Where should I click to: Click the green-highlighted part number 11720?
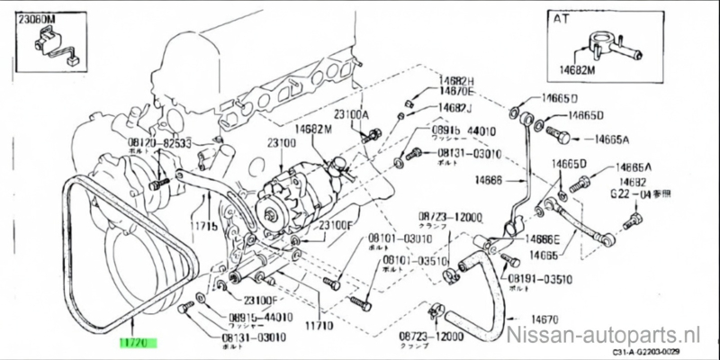point(138,343)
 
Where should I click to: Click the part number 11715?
point(203,227)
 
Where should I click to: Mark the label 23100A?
point(351,114)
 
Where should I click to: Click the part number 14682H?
point(432,81)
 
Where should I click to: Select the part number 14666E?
point(542,239)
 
